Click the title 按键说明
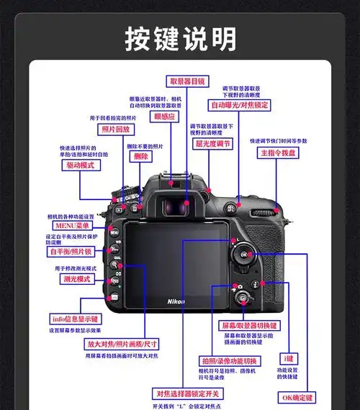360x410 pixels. click(x=179, y=37)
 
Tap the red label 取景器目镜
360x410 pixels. click(x=187, y=81)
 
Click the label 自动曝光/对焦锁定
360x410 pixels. click(x=240, y=105)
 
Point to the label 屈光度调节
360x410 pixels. click(x=213, y=143)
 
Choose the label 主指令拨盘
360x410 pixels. click(x=279, y=153)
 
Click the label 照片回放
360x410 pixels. click(x=116, y=129)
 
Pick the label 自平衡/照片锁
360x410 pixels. click(x=70, y=252)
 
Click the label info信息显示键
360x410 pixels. click(x=74, y=318)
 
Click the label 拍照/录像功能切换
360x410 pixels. click(x=230, y=360)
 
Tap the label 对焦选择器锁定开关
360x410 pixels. click(x=189, y=393)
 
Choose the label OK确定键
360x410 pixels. click(x=297, y=396)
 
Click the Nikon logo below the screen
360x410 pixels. click(x=176, y=300)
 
